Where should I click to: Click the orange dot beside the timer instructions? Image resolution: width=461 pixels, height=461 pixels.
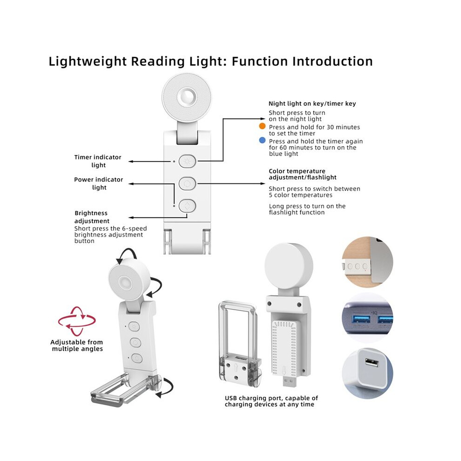262,126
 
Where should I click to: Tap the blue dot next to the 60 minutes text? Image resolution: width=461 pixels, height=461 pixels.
262,141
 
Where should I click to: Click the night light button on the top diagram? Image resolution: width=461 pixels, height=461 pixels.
187,162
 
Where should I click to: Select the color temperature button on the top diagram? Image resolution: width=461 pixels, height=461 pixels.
187,184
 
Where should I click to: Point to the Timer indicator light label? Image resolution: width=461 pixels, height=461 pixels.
98,161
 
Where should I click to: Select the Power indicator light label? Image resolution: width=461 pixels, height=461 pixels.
99,183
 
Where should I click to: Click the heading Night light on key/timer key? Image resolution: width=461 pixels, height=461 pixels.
312,103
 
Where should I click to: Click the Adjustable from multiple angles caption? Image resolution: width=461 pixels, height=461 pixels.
77,346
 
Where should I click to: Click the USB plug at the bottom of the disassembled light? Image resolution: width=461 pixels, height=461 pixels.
290,381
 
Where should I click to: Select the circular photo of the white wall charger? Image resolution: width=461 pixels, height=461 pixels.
367,373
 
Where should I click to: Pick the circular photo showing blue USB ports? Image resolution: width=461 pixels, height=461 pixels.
367,318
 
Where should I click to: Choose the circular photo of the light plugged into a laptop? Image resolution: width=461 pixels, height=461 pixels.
367,262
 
